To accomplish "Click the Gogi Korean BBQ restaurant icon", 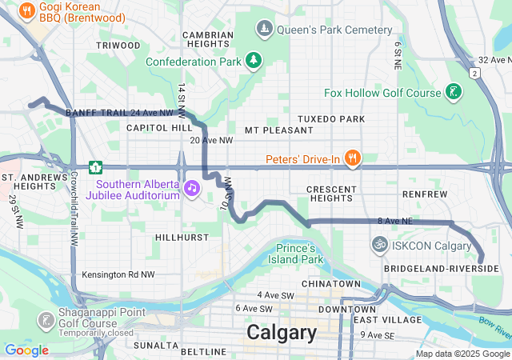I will (x=26, y=11).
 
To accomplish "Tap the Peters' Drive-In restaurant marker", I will (x=350, y=155).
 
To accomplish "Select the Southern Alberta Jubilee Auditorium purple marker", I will (x=192, y=187).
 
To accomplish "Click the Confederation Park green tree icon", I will (x=254, y=60).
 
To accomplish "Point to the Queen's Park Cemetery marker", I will (x=265, y=30).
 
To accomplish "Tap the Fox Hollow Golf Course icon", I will (x=454, y=92).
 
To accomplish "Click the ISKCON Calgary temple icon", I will (x=380, y=244).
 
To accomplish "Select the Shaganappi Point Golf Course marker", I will (x=46, y=320).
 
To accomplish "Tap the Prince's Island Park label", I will (x=299, y=253).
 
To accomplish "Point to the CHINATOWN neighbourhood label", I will (x=330, y=284).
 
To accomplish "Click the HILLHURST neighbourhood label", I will (x=181, y=238).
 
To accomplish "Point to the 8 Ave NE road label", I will (x=395, y=220).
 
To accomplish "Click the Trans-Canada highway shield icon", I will (x=95, y=167).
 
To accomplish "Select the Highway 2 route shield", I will (x=474, y=74).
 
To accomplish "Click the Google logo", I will (x=26, y=350).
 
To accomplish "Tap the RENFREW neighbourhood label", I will (x=425, y=194).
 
